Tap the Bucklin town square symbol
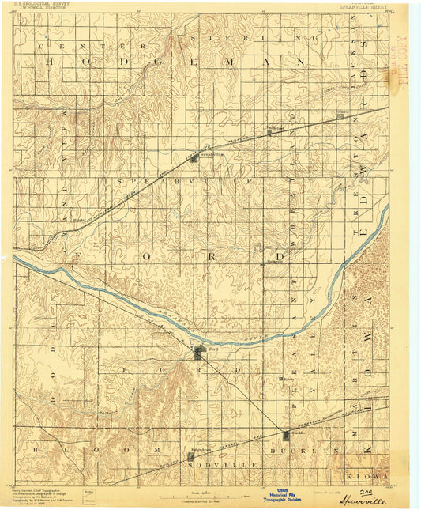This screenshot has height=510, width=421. tap(285, 433)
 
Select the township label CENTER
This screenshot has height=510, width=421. tap(59, 47)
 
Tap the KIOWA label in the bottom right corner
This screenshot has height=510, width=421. tap(368, 478)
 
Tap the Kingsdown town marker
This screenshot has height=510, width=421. tap(191, 456)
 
